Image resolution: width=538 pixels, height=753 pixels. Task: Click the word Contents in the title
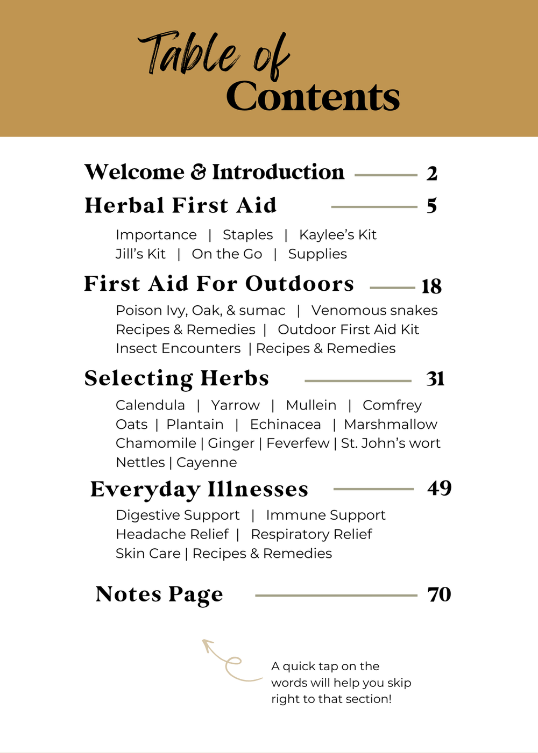pyautogui.click(x=313, y=97)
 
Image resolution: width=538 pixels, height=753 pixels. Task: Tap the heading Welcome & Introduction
pyautogui.click(x=214, y=173)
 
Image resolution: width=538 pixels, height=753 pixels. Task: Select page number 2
pyautogui.click(x=431, y=174)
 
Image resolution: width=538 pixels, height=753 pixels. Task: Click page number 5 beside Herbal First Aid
pyautogui.click(x=431, y=206)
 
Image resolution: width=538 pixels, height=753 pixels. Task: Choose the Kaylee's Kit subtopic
pyautogui.click(x=337, y=235)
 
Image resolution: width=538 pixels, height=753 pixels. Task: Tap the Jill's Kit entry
pyautogui.click(x=140, y=254)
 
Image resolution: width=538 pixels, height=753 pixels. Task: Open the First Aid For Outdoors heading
pyautogui.click(x=219, y=284)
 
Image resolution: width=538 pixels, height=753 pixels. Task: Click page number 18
pyautogui.click(x=431, y=286)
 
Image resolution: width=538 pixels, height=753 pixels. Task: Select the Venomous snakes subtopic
pyautogui.click(x=374, y=310)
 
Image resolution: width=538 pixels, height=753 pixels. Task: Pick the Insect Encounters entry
pyautogui.click(x=178, y=348)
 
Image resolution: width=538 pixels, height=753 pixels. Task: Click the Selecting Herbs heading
pyautogui.click(x=176, y=378)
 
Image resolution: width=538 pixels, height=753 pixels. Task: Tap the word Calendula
pyautogui.click(x=150, y=405)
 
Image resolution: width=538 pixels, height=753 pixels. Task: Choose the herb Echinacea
pyautogui.click(x=285, y=425)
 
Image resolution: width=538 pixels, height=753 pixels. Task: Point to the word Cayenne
pyautogui.click(x=207, y=462)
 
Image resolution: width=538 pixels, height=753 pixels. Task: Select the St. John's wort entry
pyautogui.click(x=391, y=443)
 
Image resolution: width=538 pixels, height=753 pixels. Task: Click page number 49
pyautogui.click(x=439, y=488)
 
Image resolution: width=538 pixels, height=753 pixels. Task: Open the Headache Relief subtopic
pyautogui.click(x=172, y=534)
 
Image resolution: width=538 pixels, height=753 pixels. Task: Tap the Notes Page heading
pyautogui.click(x=159, y=594)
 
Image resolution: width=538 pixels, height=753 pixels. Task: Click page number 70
pyautogui.click(x=439, y=594)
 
